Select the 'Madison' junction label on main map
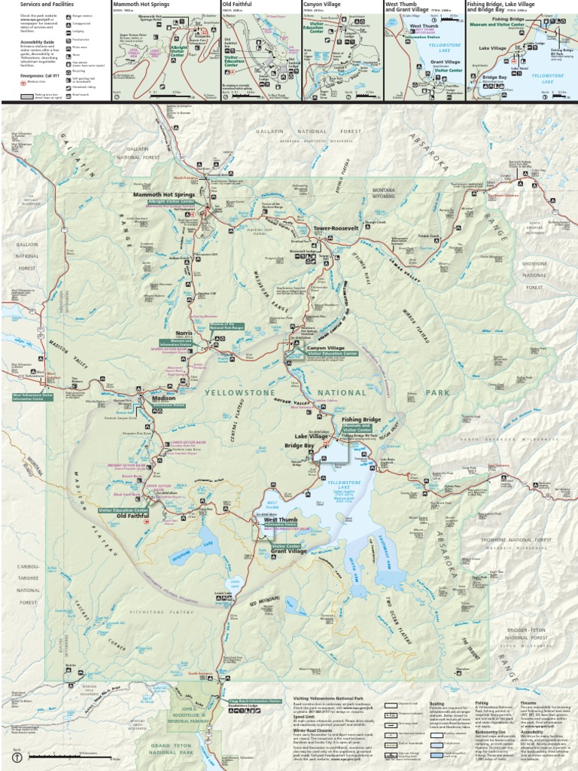[x=163, y=399]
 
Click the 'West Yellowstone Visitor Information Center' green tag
[x=33, y=396]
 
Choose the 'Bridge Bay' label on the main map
[x=300, y=445]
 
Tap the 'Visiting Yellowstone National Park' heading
[x=324, y=698]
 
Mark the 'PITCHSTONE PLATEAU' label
[x=161, y=614]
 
